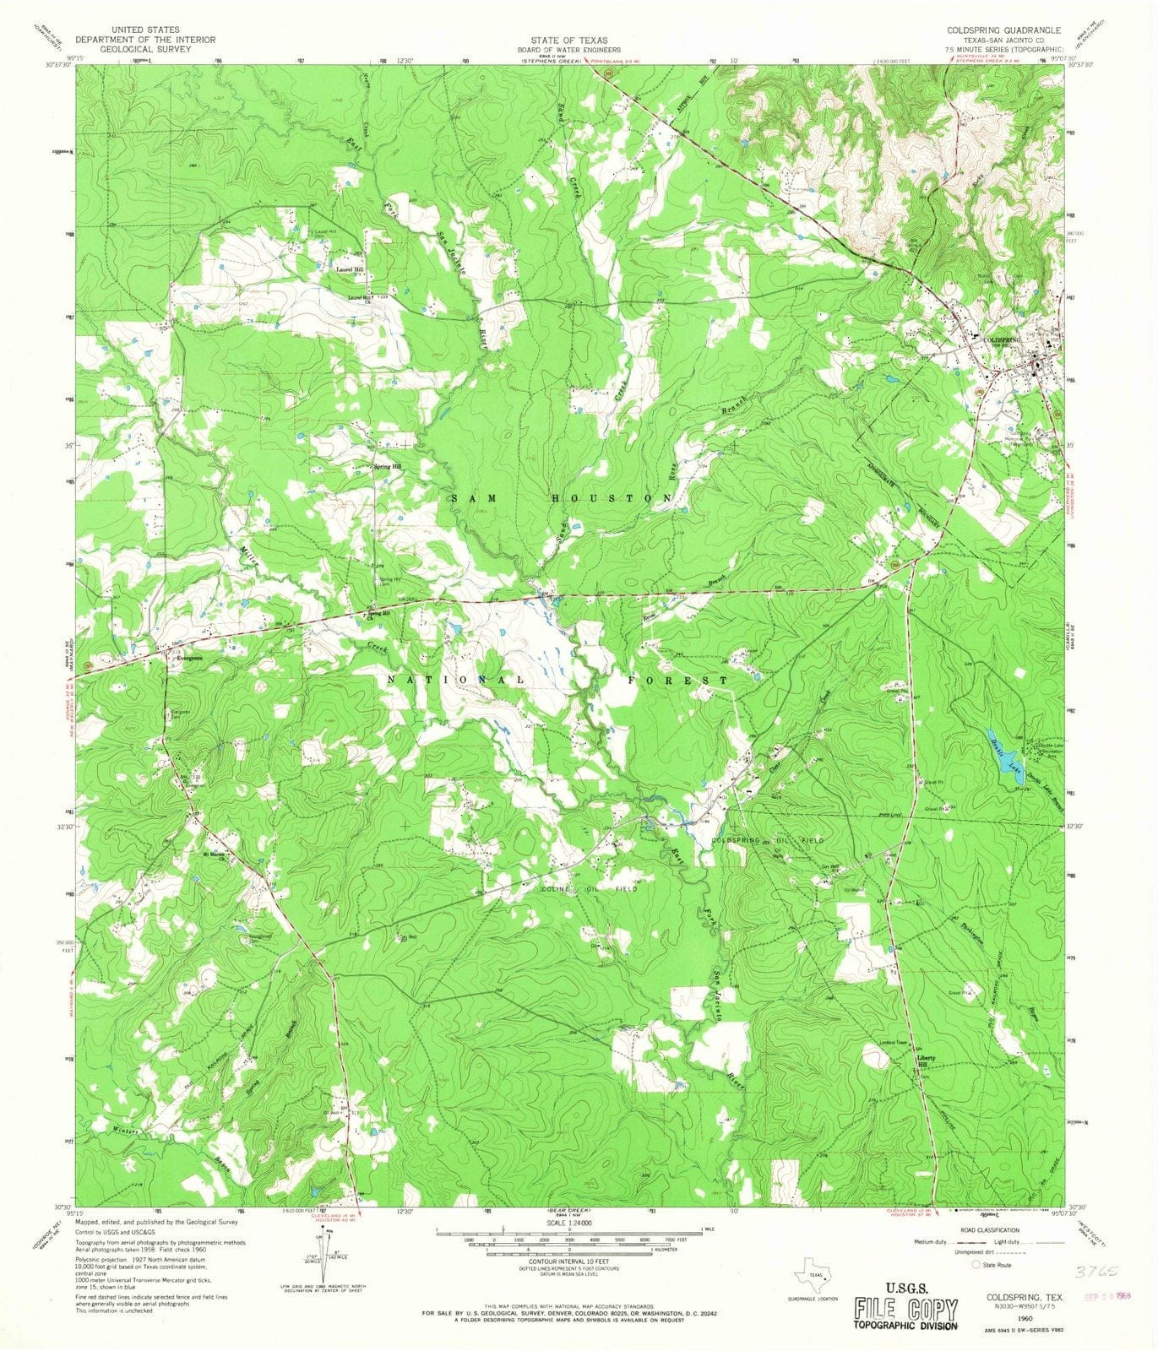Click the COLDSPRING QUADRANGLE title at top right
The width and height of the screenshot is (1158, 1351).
coord(997,30)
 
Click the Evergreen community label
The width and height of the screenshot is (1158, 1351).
coord(190,658)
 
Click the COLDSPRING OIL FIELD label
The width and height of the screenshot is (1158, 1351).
coord(767,841)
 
